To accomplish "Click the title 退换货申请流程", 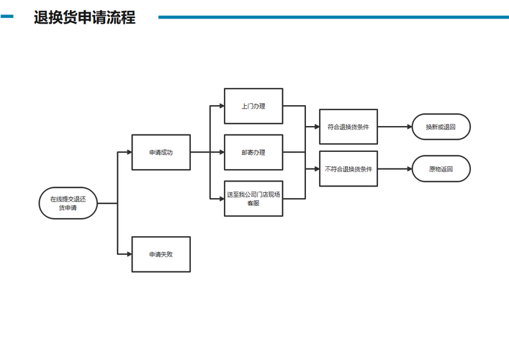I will coord(84,17).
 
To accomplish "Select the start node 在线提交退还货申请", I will coord(68,203).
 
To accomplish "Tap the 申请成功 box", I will coord(161,153).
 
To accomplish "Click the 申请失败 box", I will coord(161,254).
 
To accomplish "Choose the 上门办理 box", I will coord(253,107).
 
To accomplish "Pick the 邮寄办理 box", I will coord(253,153).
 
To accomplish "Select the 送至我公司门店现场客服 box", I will coord(253,199).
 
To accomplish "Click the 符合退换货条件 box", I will coord(348,127).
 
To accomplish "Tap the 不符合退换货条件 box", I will coord(348,169).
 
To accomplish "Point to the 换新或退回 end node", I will coord(441,127).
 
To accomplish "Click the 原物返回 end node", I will coord(441,169).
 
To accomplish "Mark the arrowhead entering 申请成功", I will coord(128,153).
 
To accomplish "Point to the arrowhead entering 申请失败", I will coord(128,254).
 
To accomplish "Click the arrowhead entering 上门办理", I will coord(221,107).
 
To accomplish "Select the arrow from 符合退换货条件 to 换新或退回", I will coord(394,127).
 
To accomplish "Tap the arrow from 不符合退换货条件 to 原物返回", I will coord(394,169).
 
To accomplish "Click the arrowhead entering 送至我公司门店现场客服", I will coord(221,199).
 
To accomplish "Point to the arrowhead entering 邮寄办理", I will coord(221,153).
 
